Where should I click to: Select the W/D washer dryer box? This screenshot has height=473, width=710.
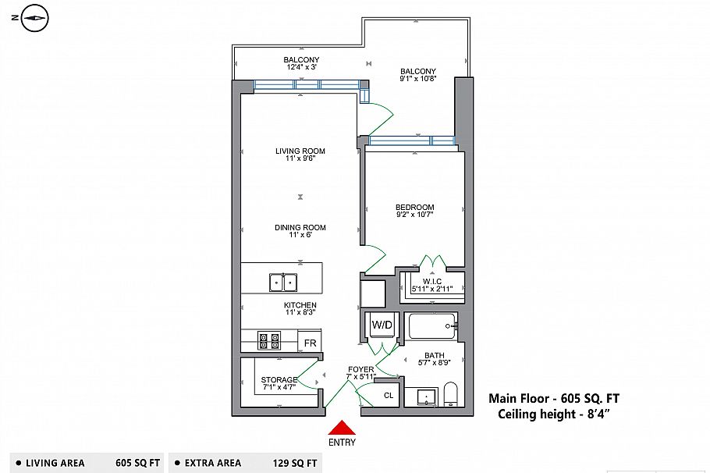point(382,325)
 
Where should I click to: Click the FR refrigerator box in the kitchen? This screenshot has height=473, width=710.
point(310,343)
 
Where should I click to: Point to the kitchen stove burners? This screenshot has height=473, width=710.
point(270,340)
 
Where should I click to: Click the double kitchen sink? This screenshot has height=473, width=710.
point(283,282)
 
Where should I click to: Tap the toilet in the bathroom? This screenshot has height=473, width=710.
point(451,394)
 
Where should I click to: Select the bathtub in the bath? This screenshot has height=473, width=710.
point(431,325)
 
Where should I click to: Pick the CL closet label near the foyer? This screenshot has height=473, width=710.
point(389,396)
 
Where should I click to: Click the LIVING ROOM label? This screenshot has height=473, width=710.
point(300,151)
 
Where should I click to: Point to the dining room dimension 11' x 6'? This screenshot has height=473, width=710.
point(300,235)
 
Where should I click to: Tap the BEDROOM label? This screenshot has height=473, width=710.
point(414,208)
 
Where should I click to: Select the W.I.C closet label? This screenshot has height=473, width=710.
point(432,281)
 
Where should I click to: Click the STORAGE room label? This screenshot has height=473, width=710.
point(279,380)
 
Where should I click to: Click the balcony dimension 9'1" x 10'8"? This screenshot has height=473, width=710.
point(417,79)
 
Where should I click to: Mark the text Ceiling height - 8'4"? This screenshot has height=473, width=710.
point(553,414)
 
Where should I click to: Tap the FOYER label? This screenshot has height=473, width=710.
point(361,369)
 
